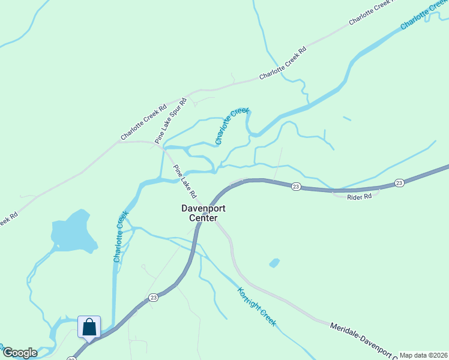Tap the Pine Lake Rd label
(x=185, y=181)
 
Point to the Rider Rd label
(x=360, y=196)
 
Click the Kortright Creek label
(x=256, y=307)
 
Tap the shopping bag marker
(x=89, y=328)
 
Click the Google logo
(x=20, y=353)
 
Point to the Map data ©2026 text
(x=423, y=355)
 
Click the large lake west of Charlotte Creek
(x=73, y=232)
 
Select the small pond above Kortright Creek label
(x=274, y=263)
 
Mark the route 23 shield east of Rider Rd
(x=399, y=182)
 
